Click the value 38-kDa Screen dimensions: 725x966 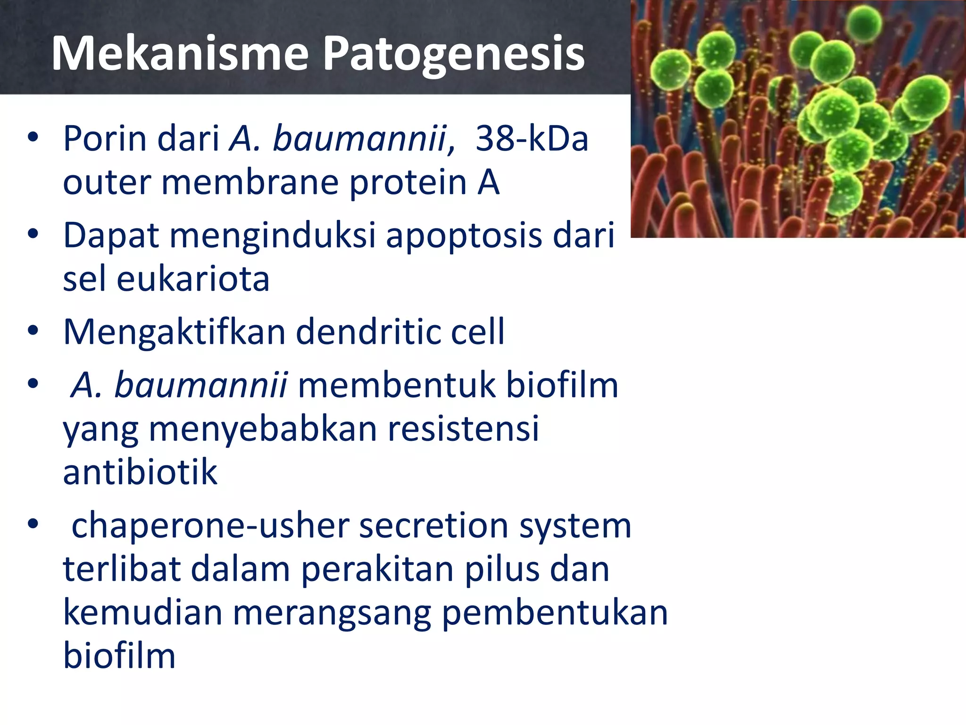[x=532, y=139]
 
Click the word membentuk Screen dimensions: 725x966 [x=396, y=385]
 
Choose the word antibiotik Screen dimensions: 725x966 [x=140, y=472]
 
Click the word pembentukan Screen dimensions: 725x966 [x=555, y=613]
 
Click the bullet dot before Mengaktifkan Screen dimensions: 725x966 [x=33, y=330]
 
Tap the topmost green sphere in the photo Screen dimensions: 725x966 [x=864, y=24]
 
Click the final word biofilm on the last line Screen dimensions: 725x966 [x=119, y=656]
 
